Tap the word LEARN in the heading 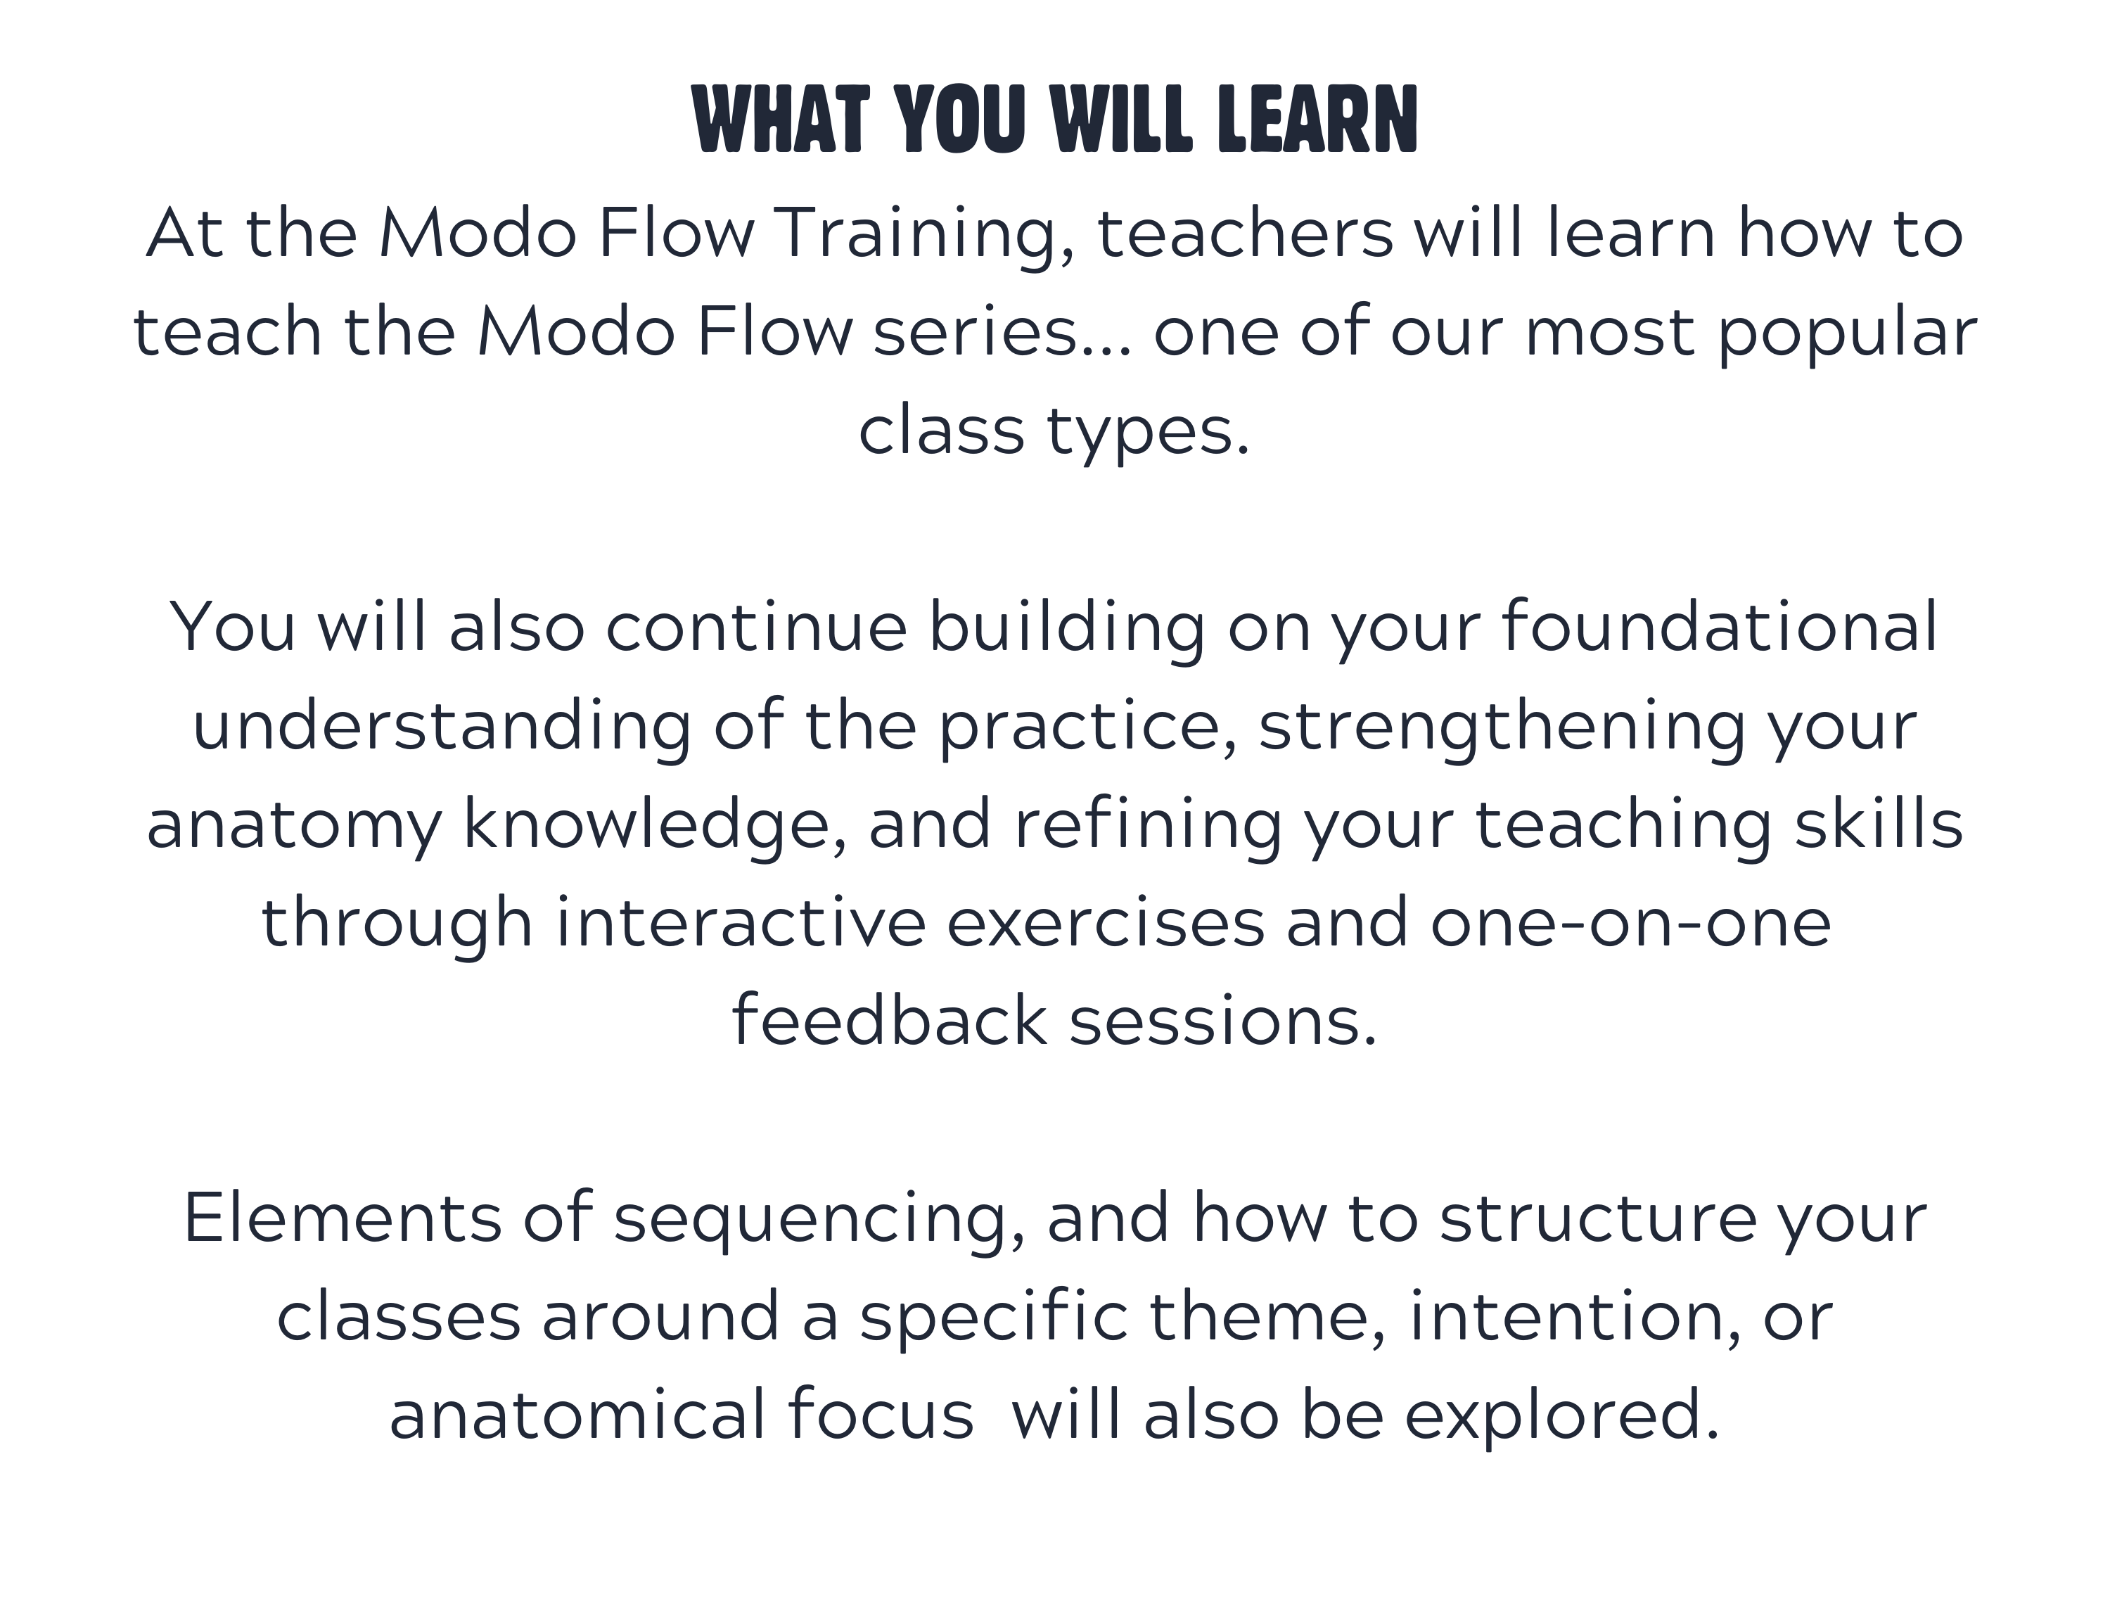[x=1317, y=120]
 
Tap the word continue [x=756, y=627]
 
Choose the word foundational [x=1720, y=626]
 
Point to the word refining [x=1147, y=824]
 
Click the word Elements [x=342, y=1218]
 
